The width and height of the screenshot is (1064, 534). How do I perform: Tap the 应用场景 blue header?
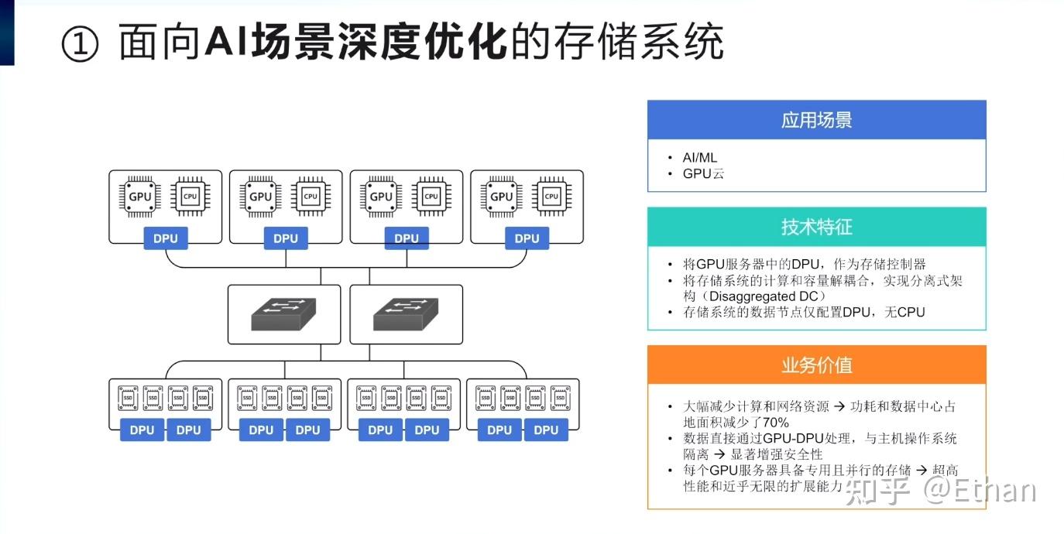pyautogui.click(x=816, y=120)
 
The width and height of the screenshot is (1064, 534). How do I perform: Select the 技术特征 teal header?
pyautogui.click(x=816, y=227)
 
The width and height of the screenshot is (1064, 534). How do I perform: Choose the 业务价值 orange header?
pyautogui.click(x=816, y=365)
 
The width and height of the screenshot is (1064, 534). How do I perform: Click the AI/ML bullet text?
pyautogui.click(x=699, y=157)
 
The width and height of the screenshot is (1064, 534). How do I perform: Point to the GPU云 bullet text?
pyautogui.click(x=703, y=173)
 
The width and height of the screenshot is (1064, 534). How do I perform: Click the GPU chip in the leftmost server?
pyautogui.click(x=140, y=197)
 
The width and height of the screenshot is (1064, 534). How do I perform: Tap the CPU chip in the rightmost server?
pyautogui.click(x=551, y=197)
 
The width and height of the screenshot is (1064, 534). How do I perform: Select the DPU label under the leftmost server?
pyautogui.click(x=165, y=238)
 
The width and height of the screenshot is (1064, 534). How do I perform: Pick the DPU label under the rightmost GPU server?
pyautogui.click(x=527, y=238)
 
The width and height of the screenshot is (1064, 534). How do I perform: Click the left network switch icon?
pyautogui.click(x=283, y=314)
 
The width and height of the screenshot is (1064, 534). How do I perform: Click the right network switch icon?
pyautogui.click(x=406, y=314)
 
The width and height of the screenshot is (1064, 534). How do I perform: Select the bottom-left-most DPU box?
pyautogui.click(x=142, y=430)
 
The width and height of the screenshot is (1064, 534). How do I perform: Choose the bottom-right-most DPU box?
pyautogui.click(x=546, y=430)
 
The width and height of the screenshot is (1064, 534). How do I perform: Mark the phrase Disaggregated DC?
pyautogui.click(x=767, y=296)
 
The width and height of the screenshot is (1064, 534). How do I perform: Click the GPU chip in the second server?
pyautogui.click(x=261, y=197)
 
